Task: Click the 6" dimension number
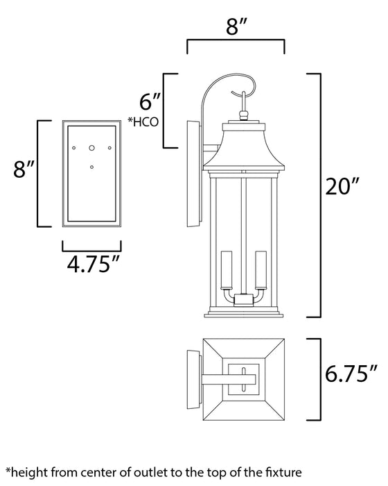point(149,101)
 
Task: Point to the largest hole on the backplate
point(91,148)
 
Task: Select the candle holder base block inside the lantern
point(242,299)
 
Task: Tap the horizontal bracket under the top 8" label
point(236,43)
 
